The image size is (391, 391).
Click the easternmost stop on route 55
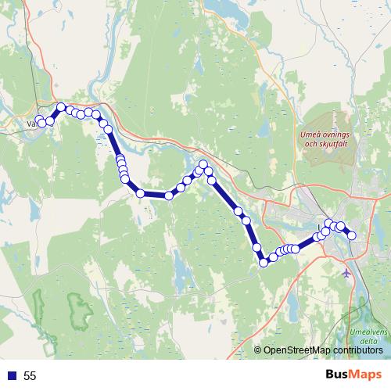[x=352, y=235]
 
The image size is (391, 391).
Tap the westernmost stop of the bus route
[x=39, y=120]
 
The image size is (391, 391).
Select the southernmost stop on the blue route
[x=264, y=263]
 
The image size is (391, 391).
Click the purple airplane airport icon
[x=348, y=273]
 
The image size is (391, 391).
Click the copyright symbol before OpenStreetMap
[x=259, y=350]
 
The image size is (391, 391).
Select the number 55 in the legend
[x=30, y=376]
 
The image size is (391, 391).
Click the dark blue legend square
[x=11, y=376]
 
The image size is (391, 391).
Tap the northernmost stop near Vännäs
[x=61, y=106]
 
